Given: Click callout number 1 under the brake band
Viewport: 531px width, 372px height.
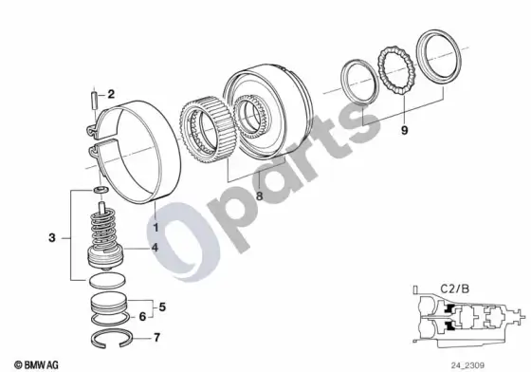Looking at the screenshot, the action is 156,227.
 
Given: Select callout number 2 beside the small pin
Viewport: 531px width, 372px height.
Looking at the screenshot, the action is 111,94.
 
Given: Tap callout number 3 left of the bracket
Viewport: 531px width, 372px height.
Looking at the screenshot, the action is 52,238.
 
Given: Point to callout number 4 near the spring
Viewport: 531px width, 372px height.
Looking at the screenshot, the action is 155,248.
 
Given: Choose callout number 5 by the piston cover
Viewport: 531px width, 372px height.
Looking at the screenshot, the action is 162,307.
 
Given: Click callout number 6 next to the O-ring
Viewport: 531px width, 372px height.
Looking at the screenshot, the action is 142,316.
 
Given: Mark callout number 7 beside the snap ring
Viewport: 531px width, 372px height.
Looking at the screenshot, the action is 156,338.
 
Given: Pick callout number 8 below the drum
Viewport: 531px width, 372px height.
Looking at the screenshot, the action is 259,195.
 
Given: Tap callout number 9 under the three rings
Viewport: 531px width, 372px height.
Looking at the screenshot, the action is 404,130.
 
